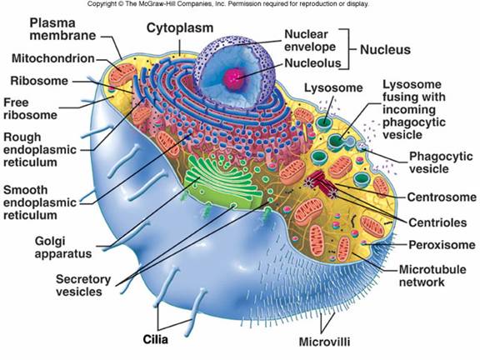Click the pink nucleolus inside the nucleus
(235, 78)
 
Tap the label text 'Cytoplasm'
(180, 27)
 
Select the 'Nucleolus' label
(312, 62)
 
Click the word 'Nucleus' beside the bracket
(385, 50)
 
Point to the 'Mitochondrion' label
(53, 58)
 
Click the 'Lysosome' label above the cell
(333, 88)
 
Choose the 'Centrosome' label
(442, 197)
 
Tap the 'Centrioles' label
(437, 222)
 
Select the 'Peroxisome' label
(442, 245)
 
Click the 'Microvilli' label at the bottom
(324, 342)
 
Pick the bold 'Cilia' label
(156, 339)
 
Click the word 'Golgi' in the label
(50, 241)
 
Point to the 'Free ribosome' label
(30, 108)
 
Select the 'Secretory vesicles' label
(83, 285)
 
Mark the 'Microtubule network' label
(432, 276)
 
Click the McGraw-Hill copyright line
(227, 4)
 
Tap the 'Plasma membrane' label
(62, 29)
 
